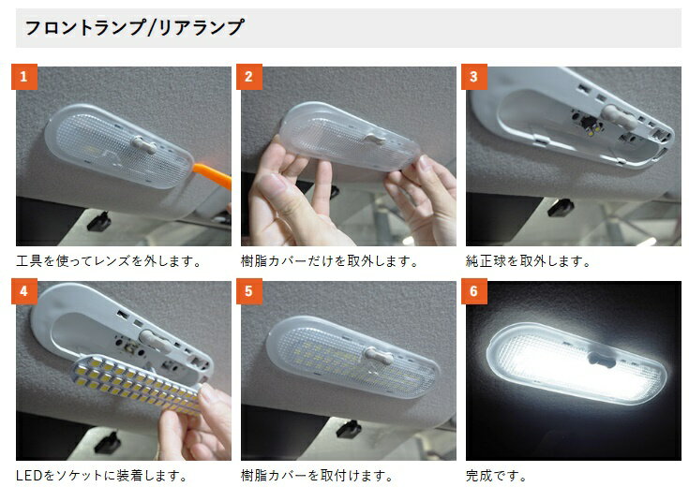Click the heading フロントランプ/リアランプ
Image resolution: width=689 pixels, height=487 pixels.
coord(134,27)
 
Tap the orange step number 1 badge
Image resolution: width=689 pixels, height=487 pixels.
coord(24,77)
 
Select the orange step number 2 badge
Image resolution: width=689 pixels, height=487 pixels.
coord(249,77)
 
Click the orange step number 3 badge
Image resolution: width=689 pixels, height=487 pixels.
coord(474,77)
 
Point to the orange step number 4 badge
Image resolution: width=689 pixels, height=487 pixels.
coord(24,291)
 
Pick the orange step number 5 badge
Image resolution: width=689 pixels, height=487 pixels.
coord(249,291)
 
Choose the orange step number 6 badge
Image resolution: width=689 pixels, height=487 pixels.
coord(474,291)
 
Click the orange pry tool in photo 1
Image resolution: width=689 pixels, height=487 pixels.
coord(212,174)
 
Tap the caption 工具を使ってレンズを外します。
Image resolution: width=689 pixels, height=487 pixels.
coord(109,261)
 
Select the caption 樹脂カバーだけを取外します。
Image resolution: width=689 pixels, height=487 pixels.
coord(330,261)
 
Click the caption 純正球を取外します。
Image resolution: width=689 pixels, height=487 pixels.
coord(529,261)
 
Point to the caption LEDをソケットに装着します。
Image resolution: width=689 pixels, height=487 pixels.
coord(102,475)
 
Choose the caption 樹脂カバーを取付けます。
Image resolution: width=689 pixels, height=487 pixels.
coord(317,475)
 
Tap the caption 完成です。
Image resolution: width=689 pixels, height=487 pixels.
coord(497,475)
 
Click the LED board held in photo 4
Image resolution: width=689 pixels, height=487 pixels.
coord(136,382)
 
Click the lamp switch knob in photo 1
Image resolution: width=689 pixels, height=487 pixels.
coord(143,144)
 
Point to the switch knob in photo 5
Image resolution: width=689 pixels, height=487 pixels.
coord(379,355)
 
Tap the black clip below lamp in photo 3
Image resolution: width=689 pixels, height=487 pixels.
coord(561,207)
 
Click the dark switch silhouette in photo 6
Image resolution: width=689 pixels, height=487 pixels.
coord(602,359)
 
